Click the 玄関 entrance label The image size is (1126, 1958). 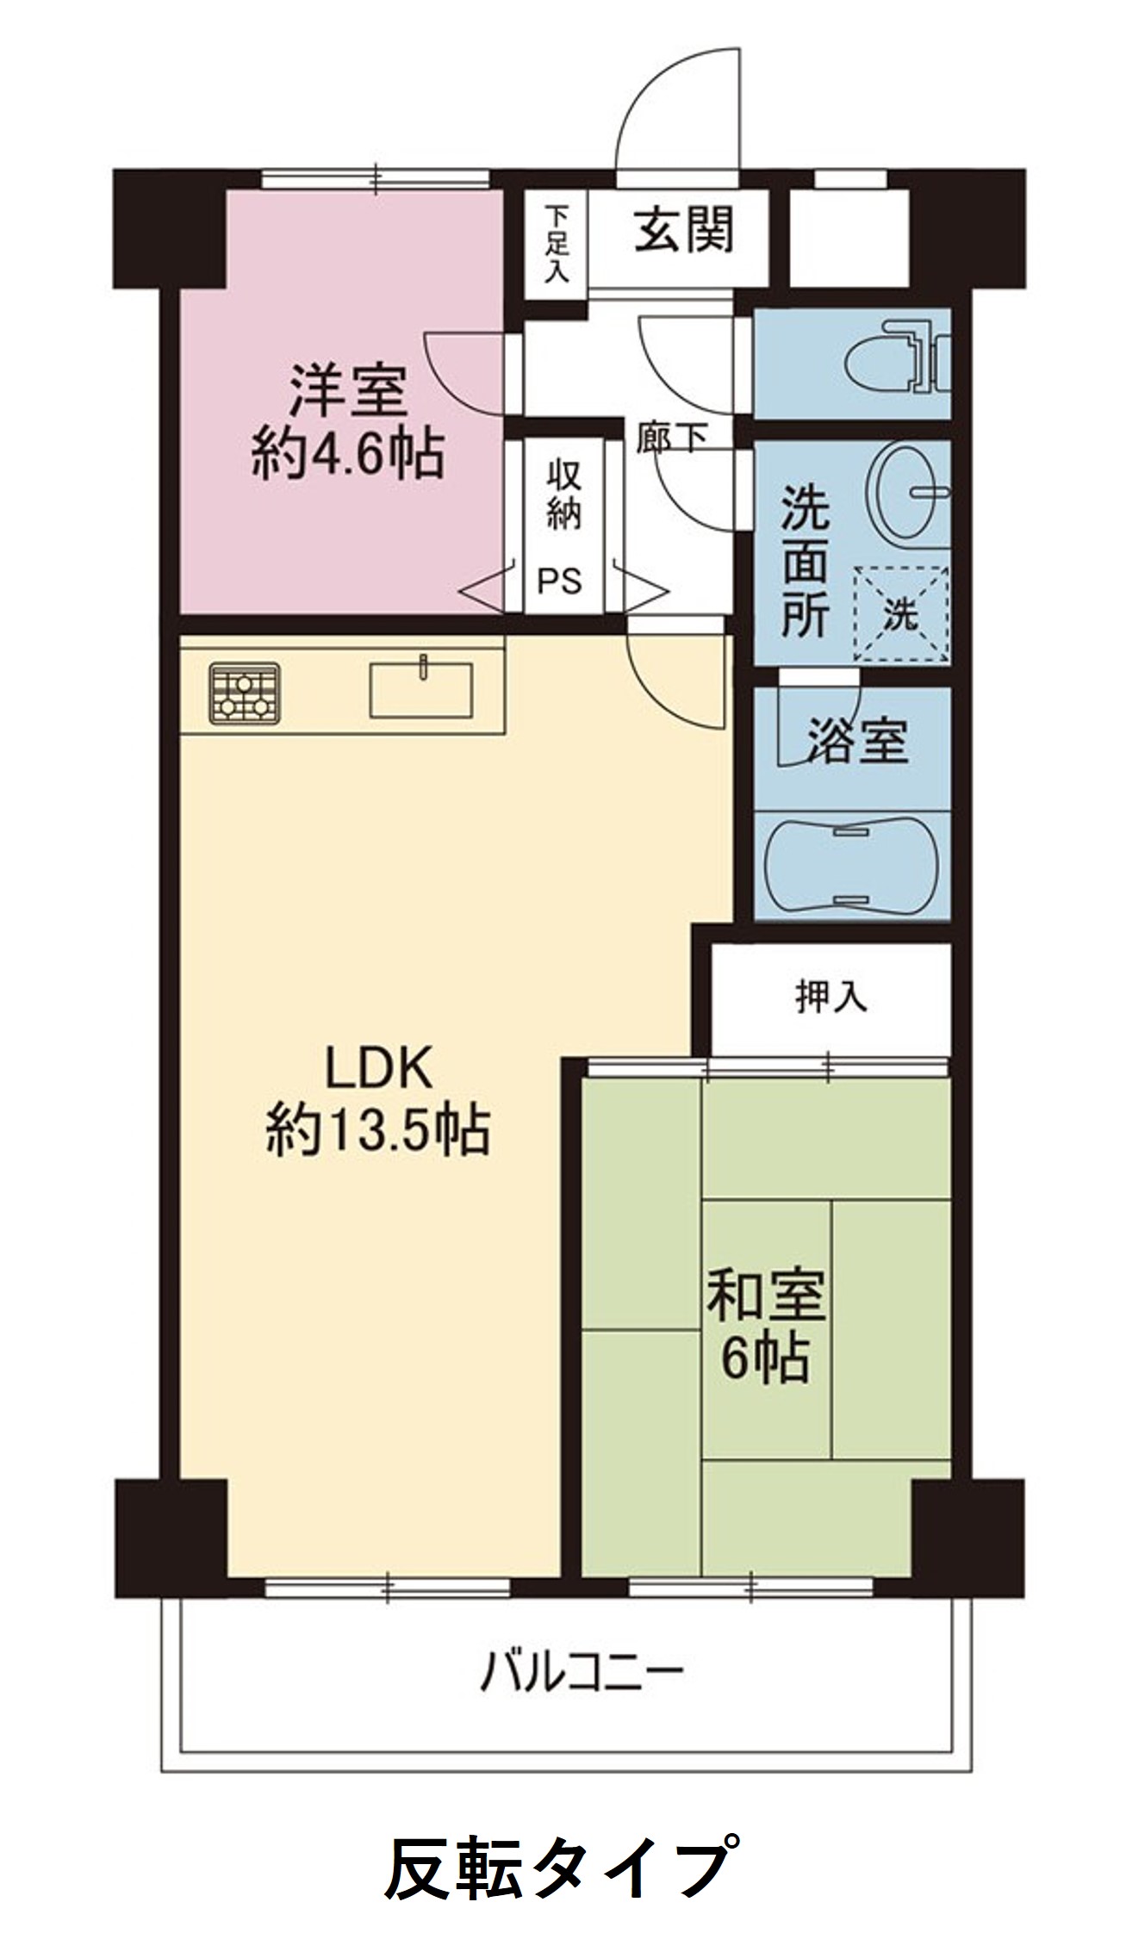684,231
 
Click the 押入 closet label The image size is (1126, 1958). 831,998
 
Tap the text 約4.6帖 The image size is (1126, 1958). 348,454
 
